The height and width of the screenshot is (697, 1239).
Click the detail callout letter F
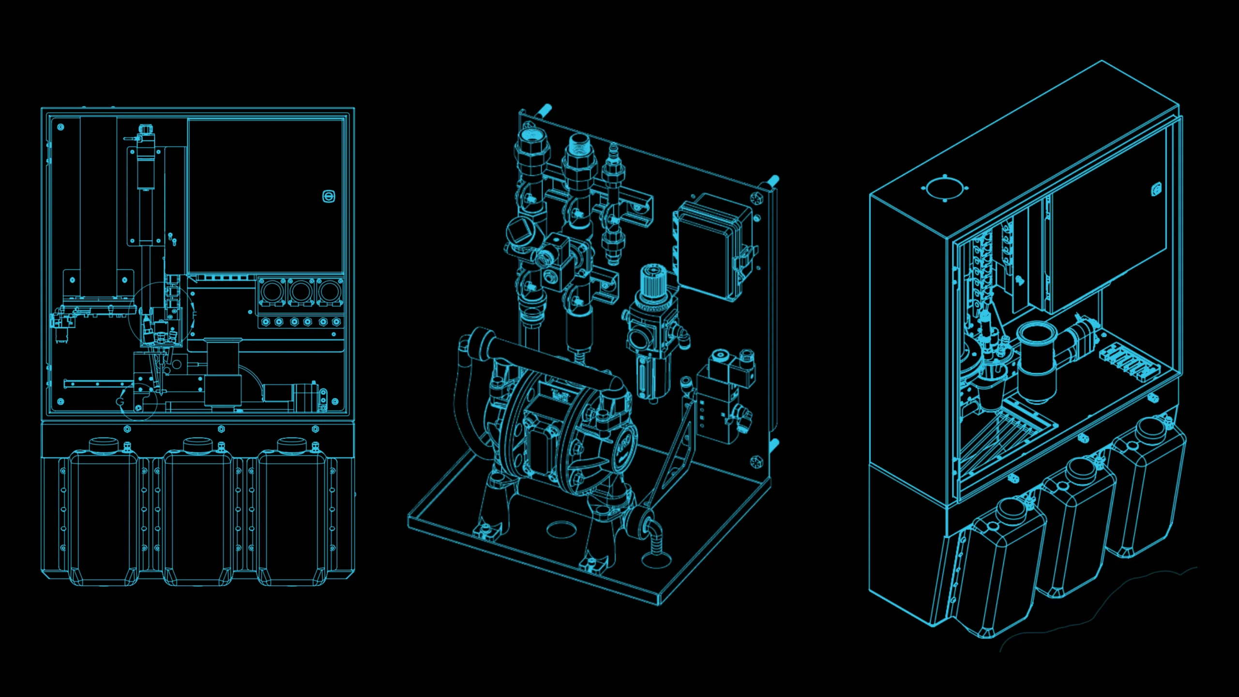point(195,315)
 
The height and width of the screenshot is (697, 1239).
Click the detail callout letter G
point(121,401)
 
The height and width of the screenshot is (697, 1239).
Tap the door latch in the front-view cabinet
point(329,196)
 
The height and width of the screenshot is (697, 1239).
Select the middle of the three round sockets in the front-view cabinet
point(301,292)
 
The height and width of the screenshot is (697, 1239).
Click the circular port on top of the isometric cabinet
point(945,188)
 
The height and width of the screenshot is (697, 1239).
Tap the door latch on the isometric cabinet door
point(1156,189)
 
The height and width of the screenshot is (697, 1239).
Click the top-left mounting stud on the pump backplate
point(544,109)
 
